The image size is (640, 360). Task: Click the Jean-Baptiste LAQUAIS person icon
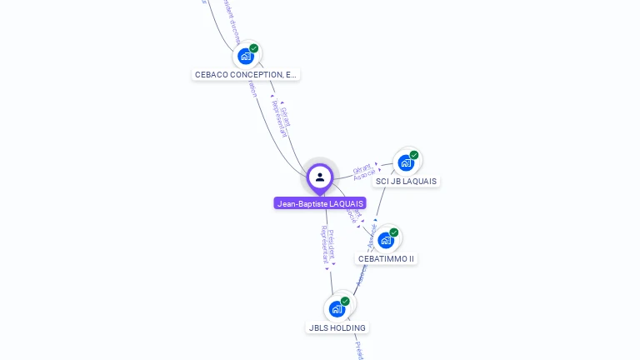(320, 177)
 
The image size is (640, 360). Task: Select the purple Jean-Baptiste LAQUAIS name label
(320, 203)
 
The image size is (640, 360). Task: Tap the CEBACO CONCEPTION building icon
(246, 57)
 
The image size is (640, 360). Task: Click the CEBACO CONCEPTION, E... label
(245, 75)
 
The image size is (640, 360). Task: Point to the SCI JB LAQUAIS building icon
(406, 162)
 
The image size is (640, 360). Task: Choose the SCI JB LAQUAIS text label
(406, 182)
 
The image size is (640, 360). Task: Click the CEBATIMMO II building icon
(386, 240)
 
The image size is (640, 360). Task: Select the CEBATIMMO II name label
(386, 259)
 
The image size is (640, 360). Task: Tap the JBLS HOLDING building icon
(337, 309)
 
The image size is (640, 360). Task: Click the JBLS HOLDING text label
(337, 328)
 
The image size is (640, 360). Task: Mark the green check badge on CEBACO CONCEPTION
(254, 48)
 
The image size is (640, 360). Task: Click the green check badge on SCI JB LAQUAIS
(414, 155)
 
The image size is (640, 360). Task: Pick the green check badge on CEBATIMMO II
(394, 232)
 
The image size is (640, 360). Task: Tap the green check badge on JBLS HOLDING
(345, 301)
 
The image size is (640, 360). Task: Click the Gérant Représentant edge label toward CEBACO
(282, 121)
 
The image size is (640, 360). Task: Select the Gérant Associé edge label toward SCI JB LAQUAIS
(363, 172)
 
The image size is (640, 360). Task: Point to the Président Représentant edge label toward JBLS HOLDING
(327, 245)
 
